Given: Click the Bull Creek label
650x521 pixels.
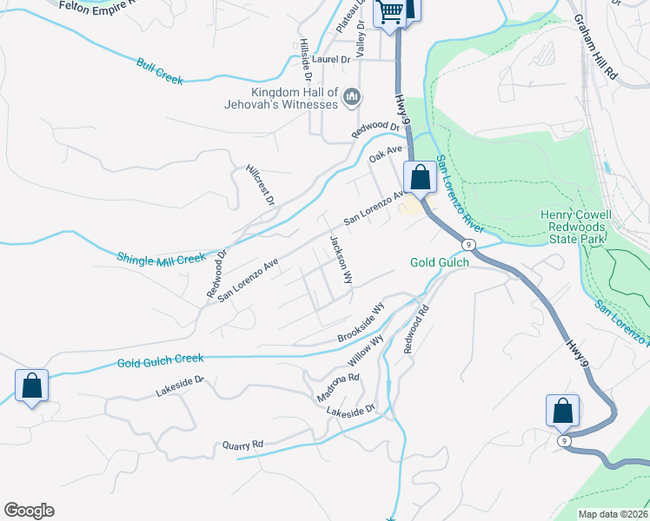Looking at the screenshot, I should tap(160, 71).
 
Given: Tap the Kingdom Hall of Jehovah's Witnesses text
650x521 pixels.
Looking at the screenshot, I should tap(294, 99).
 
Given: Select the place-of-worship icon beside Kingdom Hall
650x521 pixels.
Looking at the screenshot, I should tap(352, 97).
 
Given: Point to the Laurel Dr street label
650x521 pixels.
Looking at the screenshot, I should tap(331, 59).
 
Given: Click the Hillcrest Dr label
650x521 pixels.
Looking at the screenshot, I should tap(260, 184).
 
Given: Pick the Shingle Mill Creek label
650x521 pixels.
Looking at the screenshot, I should tap(161, 258).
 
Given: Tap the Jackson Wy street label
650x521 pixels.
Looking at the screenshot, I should tap(341, 260).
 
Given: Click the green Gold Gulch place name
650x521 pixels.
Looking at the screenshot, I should tap(440, 262).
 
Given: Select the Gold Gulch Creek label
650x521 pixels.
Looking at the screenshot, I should tap(160, 359).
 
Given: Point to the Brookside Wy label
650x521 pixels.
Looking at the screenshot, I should tap(361, 324).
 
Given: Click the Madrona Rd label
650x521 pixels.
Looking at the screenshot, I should tap(338, 387).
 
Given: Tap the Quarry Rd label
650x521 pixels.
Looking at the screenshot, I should tap(242, 445).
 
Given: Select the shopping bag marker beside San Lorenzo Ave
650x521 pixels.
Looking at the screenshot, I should tap(421, 177).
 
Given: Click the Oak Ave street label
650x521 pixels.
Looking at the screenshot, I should tap(386, 154).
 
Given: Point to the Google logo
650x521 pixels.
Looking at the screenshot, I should tap(29, 511).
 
